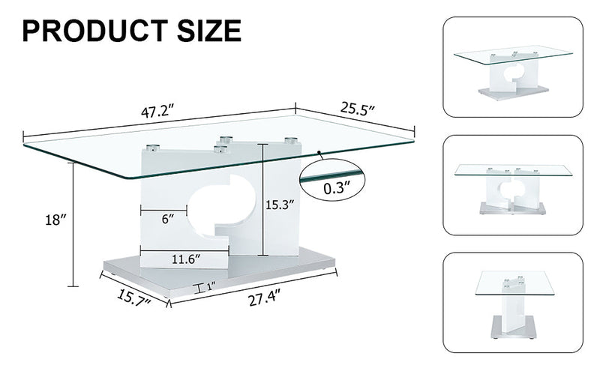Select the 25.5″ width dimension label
click(358, 109)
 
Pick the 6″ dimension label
click(168, 219)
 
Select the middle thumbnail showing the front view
click(513, 185)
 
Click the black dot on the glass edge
click(319, 153)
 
